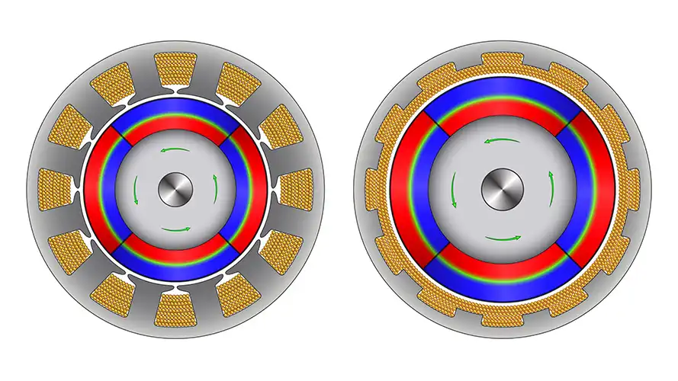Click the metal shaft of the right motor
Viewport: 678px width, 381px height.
502,190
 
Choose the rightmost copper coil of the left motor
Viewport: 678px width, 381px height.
296,190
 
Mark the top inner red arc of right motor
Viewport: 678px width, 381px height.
502,112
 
